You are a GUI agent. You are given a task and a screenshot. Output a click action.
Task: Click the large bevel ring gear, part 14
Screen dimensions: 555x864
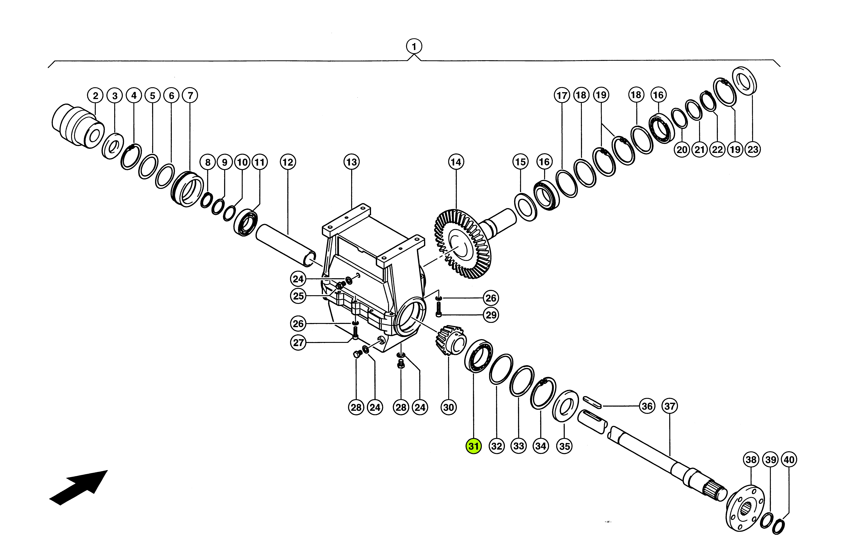[463, 245]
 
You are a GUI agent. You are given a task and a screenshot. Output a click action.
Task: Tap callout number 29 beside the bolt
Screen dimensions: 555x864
[491, 315]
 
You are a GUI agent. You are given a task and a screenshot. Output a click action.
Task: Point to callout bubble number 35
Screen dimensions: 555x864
[564, 446]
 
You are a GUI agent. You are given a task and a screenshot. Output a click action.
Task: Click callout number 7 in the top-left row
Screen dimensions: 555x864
[190, 96]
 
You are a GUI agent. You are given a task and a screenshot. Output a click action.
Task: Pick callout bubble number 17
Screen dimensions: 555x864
[562, 96]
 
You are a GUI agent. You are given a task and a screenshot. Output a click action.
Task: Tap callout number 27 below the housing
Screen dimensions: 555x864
[298, 342]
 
